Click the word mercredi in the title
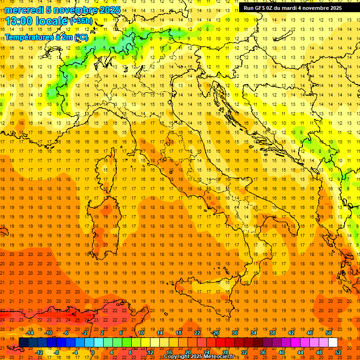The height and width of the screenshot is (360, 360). [x=23, y=10]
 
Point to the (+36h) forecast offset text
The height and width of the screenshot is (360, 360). [x=81, y=21]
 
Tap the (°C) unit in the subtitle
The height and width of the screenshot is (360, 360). [x=80, y=37]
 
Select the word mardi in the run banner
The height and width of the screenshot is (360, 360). [x=289, y=8]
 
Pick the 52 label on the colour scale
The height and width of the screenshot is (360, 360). [x=337, y=352]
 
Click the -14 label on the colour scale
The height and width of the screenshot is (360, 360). [x=30, y=333]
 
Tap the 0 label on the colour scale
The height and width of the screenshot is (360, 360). [x=93, y=352]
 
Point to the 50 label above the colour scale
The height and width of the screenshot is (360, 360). [x=329, y=333]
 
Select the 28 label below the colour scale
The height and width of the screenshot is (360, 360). [x=225, y=352]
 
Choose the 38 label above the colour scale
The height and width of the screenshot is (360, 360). [x=272, y=333]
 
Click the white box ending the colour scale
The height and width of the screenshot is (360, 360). [x=333, y=342]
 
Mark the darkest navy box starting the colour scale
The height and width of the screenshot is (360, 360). [x=23, y=342]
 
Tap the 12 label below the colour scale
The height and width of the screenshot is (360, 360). [x=150, y=352]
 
